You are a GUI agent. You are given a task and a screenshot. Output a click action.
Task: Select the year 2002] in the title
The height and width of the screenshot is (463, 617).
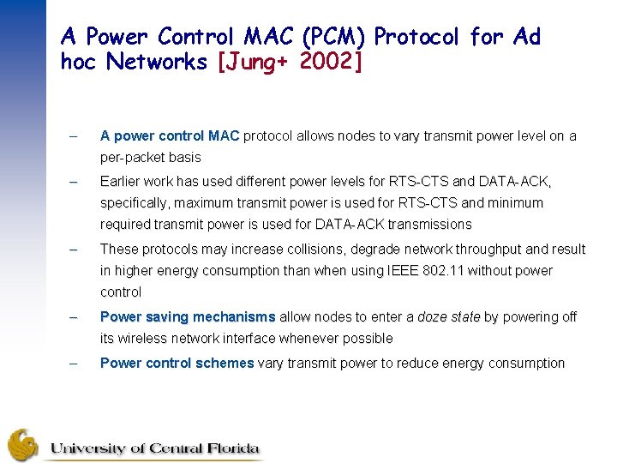[x=332, y=62]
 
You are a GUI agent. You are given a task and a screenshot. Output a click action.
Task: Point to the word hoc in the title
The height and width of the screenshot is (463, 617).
[x=81, y=62]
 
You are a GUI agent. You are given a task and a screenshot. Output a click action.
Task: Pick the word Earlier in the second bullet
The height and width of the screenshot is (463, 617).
[x=122, y=182]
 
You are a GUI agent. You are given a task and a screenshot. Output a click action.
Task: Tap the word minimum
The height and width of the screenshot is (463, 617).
[x=515, y=203]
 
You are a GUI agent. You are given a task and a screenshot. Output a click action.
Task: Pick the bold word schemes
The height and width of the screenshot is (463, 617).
[x=225, y=363]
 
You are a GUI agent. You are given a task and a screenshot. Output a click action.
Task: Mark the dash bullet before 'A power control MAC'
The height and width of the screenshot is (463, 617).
[x=74, y=135]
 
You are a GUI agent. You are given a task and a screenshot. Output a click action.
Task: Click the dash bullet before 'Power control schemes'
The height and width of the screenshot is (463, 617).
[x=74, y=363]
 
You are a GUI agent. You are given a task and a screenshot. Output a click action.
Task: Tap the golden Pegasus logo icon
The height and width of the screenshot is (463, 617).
[x=23, y=445]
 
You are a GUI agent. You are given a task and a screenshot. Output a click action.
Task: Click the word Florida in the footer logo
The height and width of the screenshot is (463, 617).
[x=228, y=448]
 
